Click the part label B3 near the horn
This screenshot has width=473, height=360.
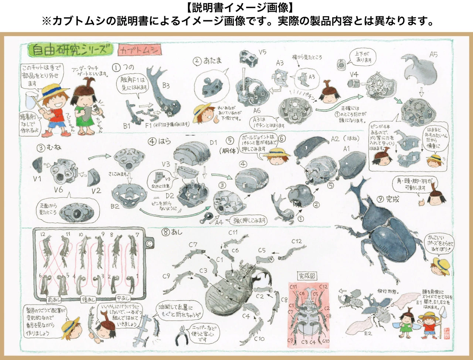[166, 86]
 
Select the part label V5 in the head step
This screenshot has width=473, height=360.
[262, 52]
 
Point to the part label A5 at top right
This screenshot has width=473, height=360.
[433, 55]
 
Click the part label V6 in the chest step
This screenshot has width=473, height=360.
[58, 190]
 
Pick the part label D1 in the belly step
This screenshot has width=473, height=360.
[213, 143]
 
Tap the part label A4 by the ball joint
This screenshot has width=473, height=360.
[219, 222]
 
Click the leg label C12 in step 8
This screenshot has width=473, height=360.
[296, 241]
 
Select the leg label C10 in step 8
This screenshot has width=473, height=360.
[259, 339]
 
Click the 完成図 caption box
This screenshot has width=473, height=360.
[307, 276]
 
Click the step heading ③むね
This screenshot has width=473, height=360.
[49, 148]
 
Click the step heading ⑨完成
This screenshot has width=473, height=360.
[388, 199]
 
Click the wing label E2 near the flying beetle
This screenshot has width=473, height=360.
[368, 333]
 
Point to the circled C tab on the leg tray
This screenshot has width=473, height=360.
[149, 243]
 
